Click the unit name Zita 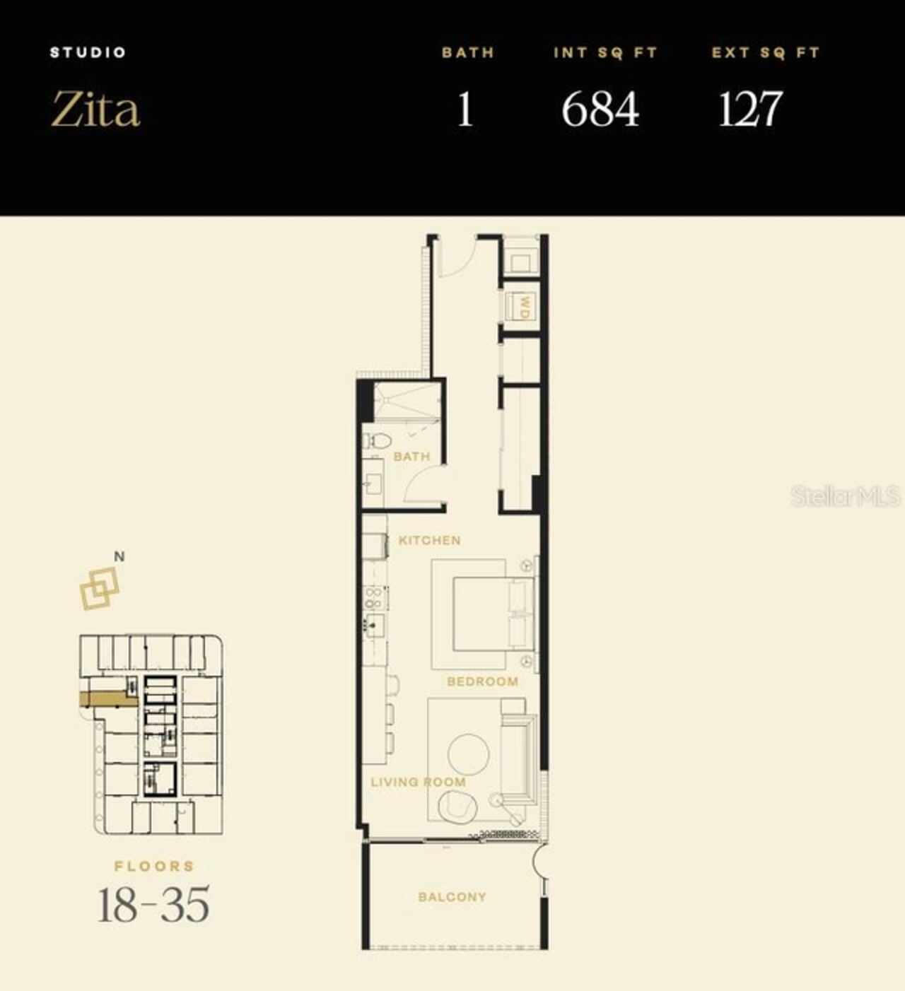[95, 110]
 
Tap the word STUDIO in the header [88, 52]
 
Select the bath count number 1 [465, 110]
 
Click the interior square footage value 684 [600, 110]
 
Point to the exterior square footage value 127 [749, 110]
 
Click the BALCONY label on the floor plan [452, 897]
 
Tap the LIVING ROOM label [418, 782]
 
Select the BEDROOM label [482, 681]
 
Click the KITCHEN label [429, 540]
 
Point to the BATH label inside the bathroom [411, 457]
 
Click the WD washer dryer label [524, 307]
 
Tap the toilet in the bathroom [378, 442]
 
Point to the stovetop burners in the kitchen [373, 598]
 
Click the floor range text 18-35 [153, 905]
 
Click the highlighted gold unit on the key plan [106, 699]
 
